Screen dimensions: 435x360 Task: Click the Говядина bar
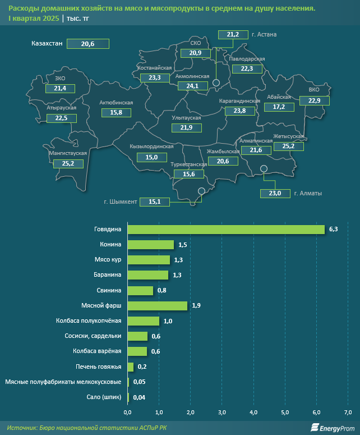tap(226, 229)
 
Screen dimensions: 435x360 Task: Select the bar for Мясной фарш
tap(157, 305)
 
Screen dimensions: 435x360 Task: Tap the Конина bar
tap(150, 245)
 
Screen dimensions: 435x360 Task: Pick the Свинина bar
tap(140, 290)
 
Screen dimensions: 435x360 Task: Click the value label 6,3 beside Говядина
tap(334, 230)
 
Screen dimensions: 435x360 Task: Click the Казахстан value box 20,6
tap(87, 43)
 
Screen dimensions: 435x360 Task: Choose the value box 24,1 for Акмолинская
tap(192, 86)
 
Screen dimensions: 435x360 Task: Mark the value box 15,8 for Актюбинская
tap(116, 112)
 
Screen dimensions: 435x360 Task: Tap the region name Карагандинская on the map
tap(240, 101)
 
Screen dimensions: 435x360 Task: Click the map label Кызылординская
tap(151, 146)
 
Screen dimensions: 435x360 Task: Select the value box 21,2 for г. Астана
tap(233, 35)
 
